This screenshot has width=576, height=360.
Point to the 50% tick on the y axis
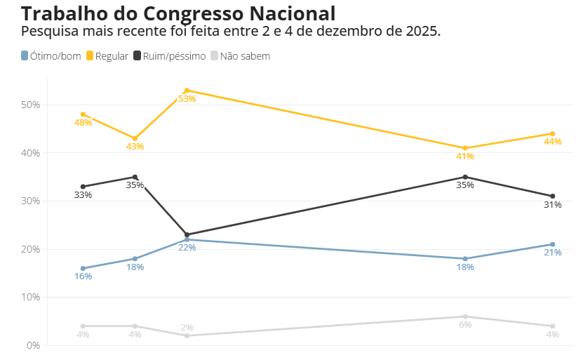(31, 105)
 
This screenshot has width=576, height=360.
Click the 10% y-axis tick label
(31, 297)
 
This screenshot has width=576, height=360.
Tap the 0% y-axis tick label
(34, 345)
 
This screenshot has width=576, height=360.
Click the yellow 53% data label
(187, 99)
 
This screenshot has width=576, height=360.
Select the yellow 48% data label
(83, 123)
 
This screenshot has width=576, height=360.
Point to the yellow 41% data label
(465, 156)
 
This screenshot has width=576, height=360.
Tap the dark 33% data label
(83, 195)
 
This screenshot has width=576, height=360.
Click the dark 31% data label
(553, 205)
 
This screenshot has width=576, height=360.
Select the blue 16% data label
(83, 276)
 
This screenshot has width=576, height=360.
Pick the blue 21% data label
(553, 253)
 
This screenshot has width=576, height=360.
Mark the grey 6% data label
(465, 325)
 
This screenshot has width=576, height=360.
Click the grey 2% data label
(187, 328)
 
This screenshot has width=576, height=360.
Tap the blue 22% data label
(187, 248)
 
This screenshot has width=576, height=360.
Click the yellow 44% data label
(553, 142)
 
